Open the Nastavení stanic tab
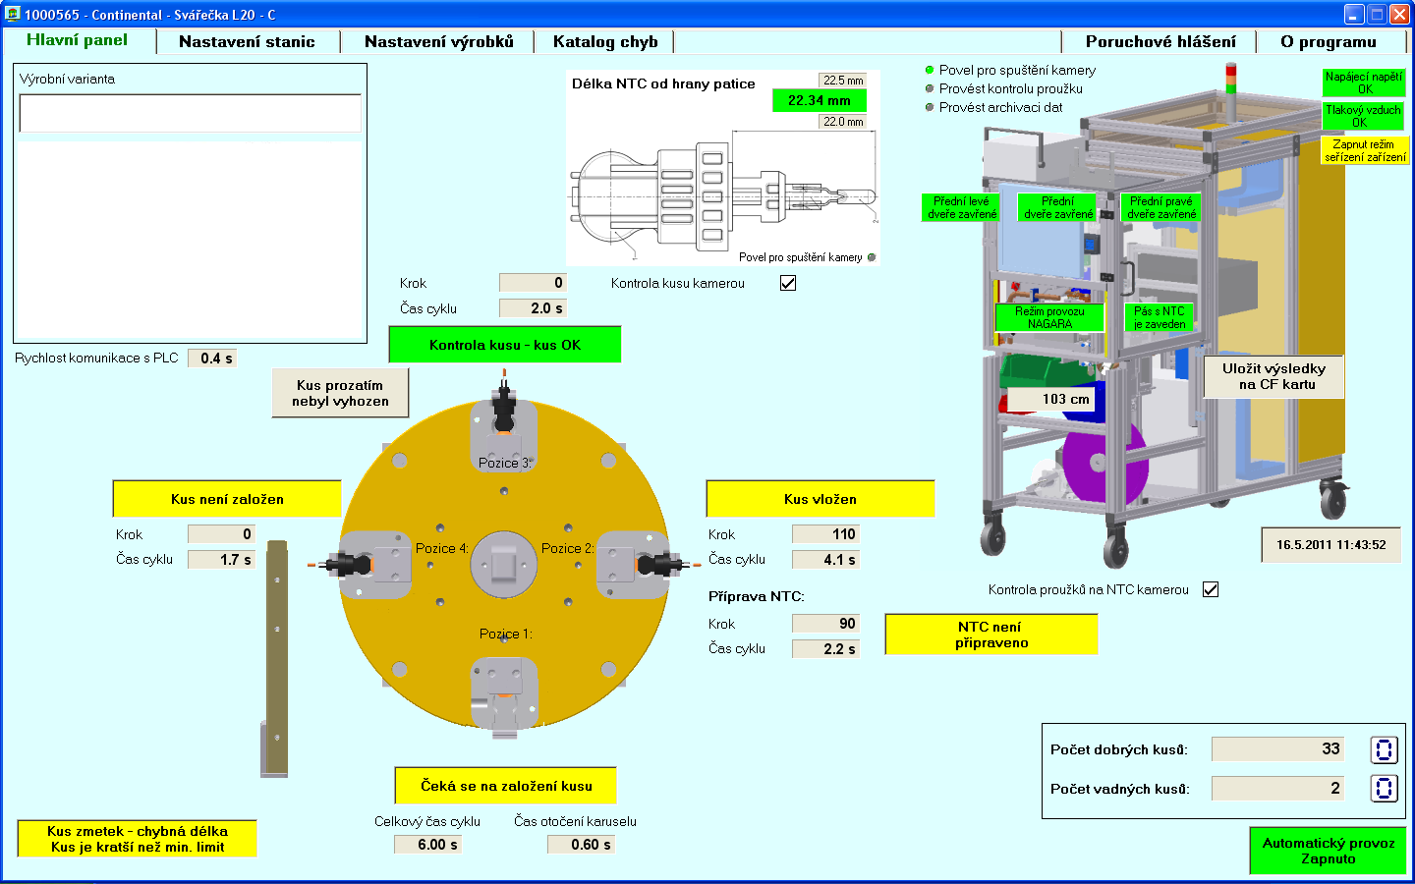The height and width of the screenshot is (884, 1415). click(247, 41)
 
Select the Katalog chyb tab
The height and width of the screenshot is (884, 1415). click(604, 41)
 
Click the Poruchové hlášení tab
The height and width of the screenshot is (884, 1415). click(1160, 41)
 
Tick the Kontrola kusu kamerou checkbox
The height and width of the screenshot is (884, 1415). click(788, 283)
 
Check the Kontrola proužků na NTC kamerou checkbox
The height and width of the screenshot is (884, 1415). click(1211, 589)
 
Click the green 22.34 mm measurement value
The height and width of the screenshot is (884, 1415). click(820, 100)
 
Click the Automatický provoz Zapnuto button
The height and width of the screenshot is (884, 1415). click(1328, 851)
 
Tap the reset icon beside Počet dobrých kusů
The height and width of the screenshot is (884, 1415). click(1384, 750)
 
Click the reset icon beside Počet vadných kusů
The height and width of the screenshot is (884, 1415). click(1384, 788)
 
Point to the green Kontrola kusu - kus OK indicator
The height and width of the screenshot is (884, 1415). click(505, 345)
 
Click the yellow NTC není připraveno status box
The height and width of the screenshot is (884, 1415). click(991, 635)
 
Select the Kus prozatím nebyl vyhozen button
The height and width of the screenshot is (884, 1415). click(340, 393)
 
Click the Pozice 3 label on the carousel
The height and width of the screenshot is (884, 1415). click(504, 463)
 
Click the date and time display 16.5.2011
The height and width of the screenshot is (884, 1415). click(1330, 544)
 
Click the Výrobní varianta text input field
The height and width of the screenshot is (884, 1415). click(191, 113)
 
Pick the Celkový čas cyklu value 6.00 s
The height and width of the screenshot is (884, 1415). click(431, 845)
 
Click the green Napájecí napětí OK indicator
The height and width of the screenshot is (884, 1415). click(1364, 83)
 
